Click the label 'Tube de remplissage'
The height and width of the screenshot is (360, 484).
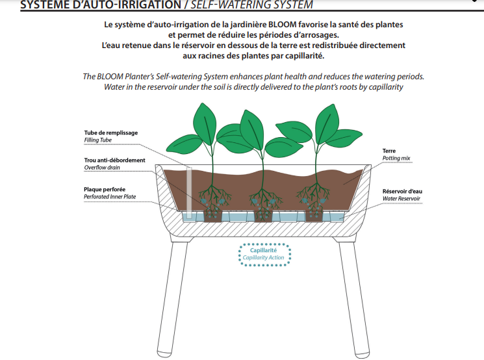(111, 133)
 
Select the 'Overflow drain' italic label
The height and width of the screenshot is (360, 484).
(102, 168)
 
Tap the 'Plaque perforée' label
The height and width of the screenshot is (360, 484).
(105, 190)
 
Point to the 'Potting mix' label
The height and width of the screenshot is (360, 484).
(396, 159)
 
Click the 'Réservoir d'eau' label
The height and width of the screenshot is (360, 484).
(402, 192)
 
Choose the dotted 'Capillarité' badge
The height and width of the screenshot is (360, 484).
(264, 255)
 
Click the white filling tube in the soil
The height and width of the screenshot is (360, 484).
(189, 193)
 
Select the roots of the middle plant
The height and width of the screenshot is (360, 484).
(264, 202)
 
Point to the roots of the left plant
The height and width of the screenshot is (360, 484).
(213, 202)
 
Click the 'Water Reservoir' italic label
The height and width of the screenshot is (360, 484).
(401, 199)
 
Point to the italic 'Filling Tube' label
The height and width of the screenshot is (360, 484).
(98, 140)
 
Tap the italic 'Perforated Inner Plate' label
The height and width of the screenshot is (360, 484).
(110, 197)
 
